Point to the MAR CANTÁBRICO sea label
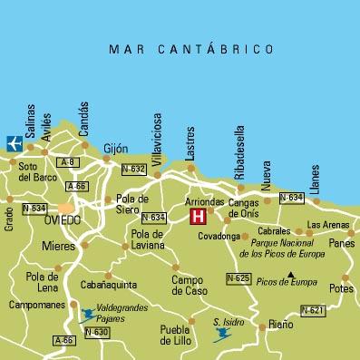(x=190, y=48)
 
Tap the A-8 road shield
(x=66, y=161)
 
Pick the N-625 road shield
(x=238, y=277)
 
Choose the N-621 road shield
(x=312, y=311)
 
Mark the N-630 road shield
(x=97, y=332)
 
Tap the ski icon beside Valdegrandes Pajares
(x=87, y=315)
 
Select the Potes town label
(x=341, y=288)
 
